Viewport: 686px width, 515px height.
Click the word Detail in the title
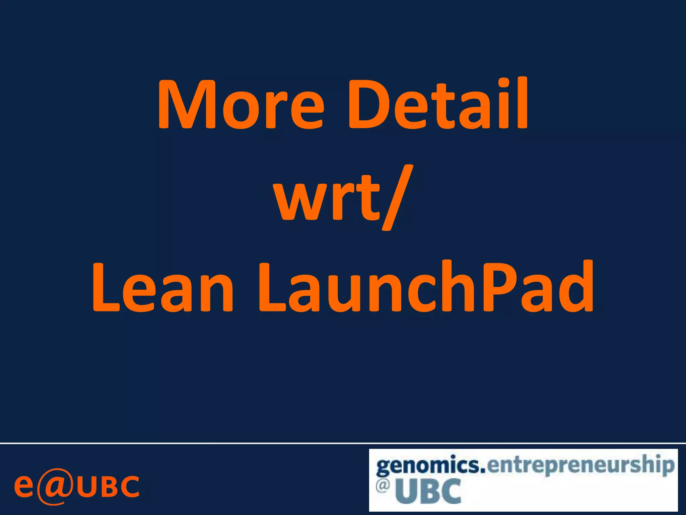pos(438,104)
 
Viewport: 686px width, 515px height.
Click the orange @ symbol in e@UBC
pos(55,486)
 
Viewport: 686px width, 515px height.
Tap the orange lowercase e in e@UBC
pos(24,486)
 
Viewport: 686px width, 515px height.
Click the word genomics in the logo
pos(430,466)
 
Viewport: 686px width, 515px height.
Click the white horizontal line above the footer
pos(343,443)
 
